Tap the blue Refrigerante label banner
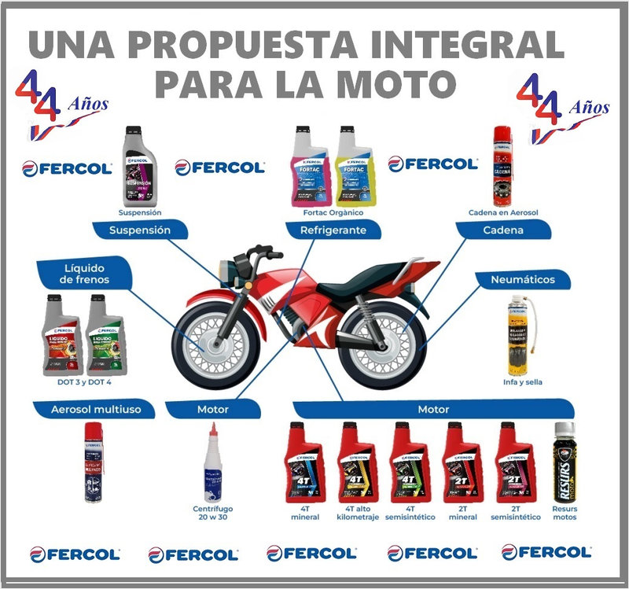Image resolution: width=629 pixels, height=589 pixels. (x=333, y=230)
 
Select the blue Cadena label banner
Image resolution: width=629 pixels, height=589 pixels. (x=503, y=230)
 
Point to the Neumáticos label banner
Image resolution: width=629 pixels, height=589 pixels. (x=523, y=279)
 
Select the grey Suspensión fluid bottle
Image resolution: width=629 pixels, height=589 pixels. (x=139, y=167)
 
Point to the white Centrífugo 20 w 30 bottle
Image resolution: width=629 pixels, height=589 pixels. (x=213, y=464)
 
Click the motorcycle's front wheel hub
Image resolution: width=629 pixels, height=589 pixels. (x=209, y=344)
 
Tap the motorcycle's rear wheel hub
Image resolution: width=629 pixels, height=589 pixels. (x=384, y=344)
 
